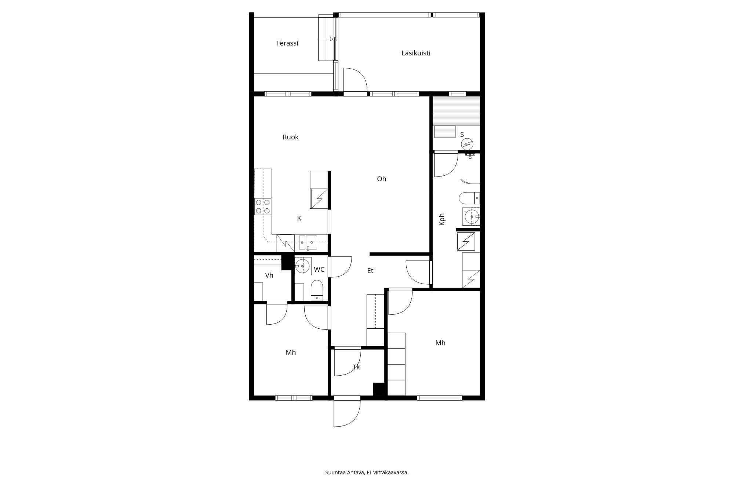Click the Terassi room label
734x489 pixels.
[x=287, y=43]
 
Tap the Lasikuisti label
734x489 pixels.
[x=415, y=53]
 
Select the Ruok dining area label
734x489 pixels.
[x=290, y=137]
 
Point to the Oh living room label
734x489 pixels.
[x=381, y=179]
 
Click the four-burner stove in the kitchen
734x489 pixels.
[x=263, y=207]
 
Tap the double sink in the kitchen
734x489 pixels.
[x=308, y=241]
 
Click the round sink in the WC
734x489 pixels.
[x=302, y=266]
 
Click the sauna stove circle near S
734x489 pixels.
[x=467, y=144]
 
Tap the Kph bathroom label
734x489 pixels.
[x=442, y=219]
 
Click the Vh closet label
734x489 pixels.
[x=269, y=275]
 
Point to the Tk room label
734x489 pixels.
[x=356, y=367]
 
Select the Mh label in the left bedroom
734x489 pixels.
[x=291, y=353]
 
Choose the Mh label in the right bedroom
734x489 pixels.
[x=440, y=343]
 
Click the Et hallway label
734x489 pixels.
[x=370, y=271]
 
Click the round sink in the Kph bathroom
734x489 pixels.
[x=471, y=217]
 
